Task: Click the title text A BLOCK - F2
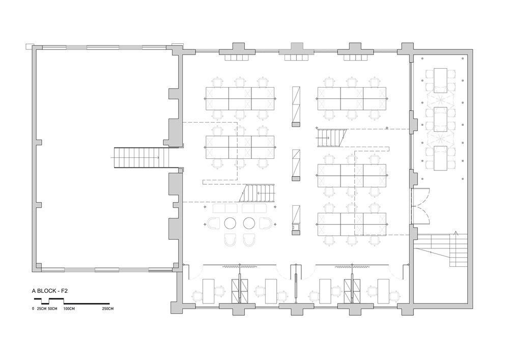(49, 291)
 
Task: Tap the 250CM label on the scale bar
(108, 309)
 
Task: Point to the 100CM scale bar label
(69, 309)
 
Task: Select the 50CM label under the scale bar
(52, 309)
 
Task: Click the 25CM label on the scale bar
(42, 309)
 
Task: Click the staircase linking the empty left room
(142, 158)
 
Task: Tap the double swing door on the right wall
(421, 206)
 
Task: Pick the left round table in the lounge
(230, 223)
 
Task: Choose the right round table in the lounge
(249, 223)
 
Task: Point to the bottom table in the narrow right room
(440, 158)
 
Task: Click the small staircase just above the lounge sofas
(257, 193)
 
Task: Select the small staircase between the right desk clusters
(332, 138)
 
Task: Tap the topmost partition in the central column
(296, 106)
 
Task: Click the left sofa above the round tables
(225, 208)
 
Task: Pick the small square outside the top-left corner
(29, 46)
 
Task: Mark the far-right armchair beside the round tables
(266, 223)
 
